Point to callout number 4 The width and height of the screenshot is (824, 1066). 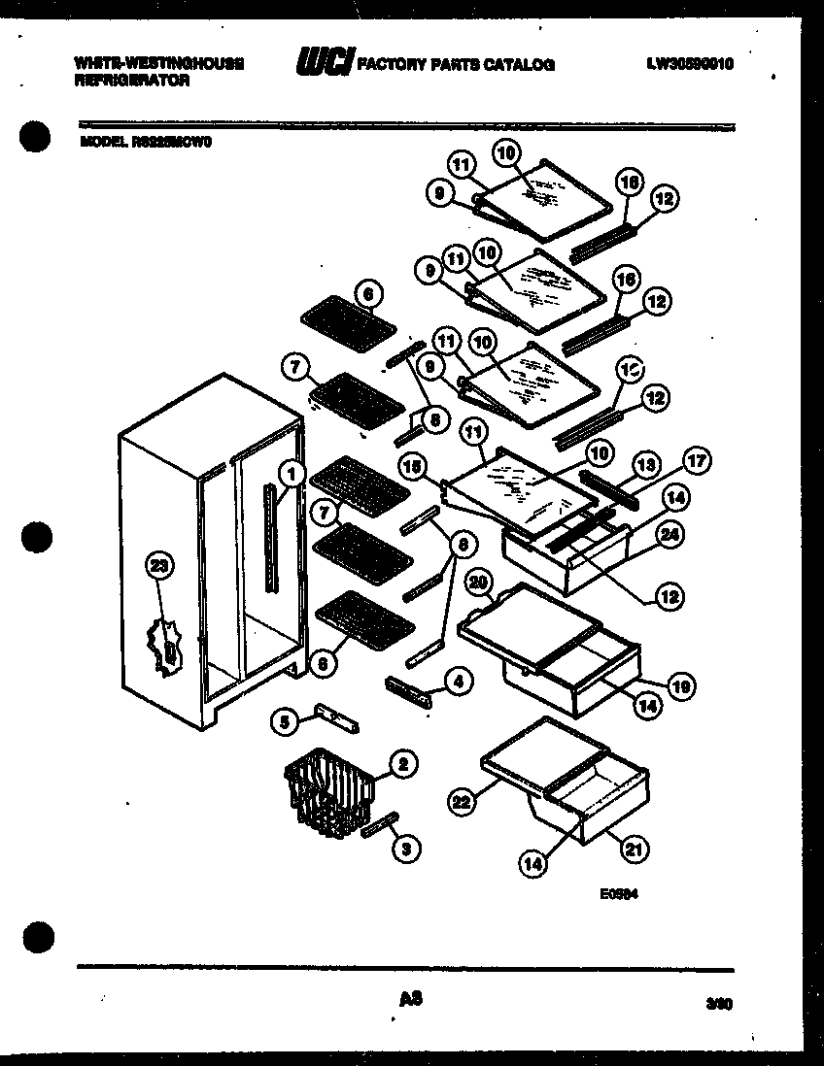pos(457,683)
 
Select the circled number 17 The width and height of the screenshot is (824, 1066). pos(698,463)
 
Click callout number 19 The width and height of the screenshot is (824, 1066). pos(682,688)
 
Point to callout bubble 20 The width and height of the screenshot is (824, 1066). pos(477,583)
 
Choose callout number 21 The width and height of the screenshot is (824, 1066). pos(633,850)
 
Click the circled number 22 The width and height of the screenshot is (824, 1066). pos(461,801)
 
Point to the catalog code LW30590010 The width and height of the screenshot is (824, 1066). pos(689,65)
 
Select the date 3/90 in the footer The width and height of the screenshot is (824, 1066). pos(718,1008)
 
